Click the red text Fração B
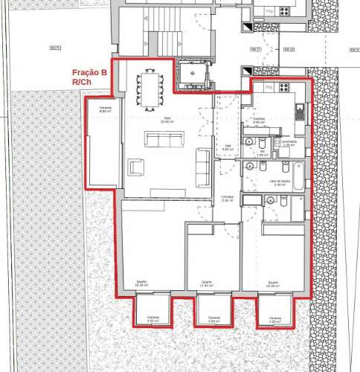tap(89, 73)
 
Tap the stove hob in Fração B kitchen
tap(283, 88)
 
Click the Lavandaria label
tap(290, 143)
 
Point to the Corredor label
tap(228, 199)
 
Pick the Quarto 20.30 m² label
tap(141, 283)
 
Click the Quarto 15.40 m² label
tap(273, 283)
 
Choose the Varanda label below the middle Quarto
tap(214, 318)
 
